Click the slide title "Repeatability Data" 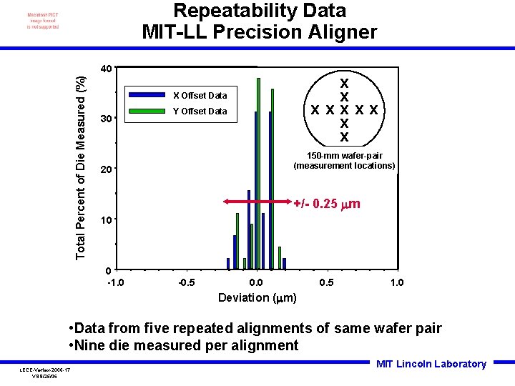260,11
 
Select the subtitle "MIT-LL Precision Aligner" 260,32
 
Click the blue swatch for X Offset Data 147,95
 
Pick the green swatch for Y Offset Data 147,111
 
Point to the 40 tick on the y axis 105,69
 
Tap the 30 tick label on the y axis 105,119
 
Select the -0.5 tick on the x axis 186,282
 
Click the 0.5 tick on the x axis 326,282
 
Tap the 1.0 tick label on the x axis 396,282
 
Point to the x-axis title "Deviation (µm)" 257,297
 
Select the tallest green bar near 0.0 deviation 259,172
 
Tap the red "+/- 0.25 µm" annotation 327,204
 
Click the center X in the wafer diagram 344,110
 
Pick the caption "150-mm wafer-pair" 344,156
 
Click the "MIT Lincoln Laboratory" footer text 431,364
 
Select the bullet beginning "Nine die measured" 185,346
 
